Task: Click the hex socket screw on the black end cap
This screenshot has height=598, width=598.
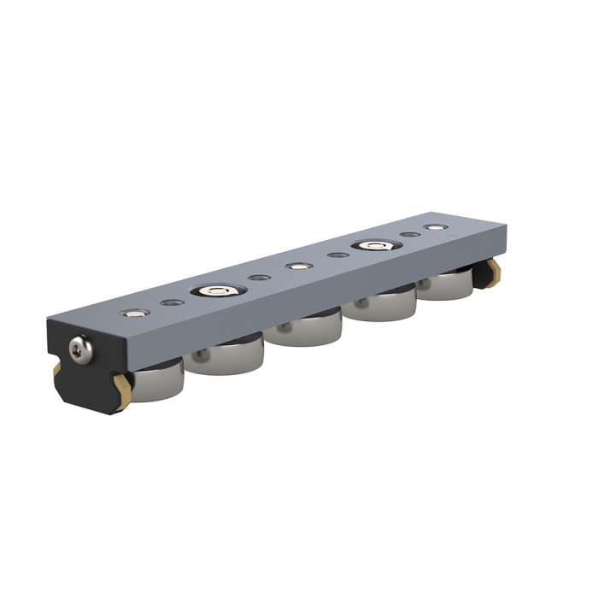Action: coord(80,349)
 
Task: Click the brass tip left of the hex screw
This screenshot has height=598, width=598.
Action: coord(56,369)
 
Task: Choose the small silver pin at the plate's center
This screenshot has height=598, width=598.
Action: coord(296,267)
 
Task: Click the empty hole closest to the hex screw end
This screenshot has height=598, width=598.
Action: coord(168,302)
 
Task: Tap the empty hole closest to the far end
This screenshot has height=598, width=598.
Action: coord(410,235)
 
